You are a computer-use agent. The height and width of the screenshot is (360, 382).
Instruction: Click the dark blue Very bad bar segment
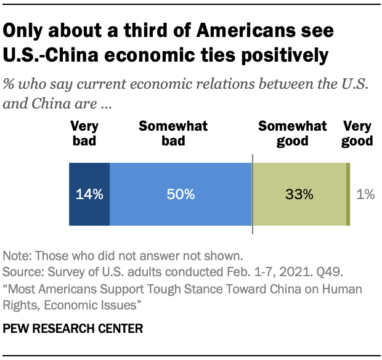coord(89,210)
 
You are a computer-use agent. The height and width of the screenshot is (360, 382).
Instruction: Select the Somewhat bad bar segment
coord(181,210)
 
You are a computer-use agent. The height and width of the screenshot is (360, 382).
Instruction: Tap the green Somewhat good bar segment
coord(299,210)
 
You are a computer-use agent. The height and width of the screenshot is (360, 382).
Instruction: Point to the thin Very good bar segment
coord(349,195)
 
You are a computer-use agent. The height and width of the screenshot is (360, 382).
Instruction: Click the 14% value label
coord(89,195)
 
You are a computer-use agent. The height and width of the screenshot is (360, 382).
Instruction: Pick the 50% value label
coord(181,195)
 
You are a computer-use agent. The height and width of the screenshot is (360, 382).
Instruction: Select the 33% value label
coord(299,195)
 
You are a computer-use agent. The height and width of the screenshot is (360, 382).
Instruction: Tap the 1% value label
coord(366,195)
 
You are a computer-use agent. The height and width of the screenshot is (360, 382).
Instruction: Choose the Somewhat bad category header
coord(173,134)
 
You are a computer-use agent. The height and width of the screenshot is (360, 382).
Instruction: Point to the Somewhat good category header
coord(292,134)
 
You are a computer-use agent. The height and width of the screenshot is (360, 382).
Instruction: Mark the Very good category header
coord(357,134)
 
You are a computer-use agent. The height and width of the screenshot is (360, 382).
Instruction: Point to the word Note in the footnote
coord(16,255)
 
